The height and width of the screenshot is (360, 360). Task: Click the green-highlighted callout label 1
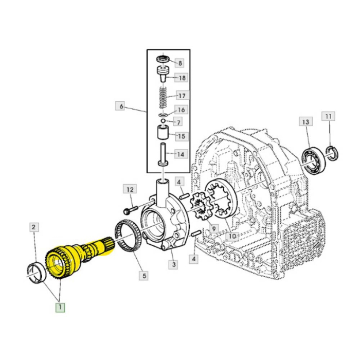click(x=61, y=308)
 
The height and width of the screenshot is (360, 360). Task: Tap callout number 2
click(x=33, y=227)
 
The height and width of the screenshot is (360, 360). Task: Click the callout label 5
click(x=144, y=276)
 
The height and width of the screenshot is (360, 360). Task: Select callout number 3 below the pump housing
click(x=174, y=264)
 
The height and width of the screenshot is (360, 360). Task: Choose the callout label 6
click(x=120, y=106)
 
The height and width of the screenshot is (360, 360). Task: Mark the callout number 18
click(x=181, y=78)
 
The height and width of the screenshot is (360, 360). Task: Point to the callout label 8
click(x=179, y=63)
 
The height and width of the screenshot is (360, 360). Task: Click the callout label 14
click(x=181, y=154)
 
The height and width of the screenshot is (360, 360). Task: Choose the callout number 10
click(x=232, y=236)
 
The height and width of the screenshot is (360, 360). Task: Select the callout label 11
click(x=329, y=117)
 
